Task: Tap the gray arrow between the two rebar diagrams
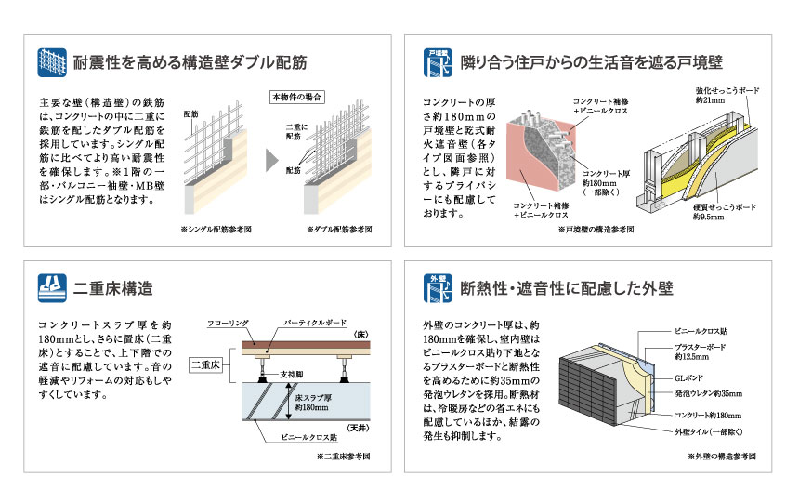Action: click(271, 159)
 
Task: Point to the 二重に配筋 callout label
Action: click(293, 131)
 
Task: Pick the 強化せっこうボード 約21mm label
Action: click(727, 95)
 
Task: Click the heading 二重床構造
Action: click(113, 287)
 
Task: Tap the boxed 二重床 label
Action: click(203, 366)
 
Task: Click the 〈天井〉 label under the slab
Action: click(357, 427)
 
